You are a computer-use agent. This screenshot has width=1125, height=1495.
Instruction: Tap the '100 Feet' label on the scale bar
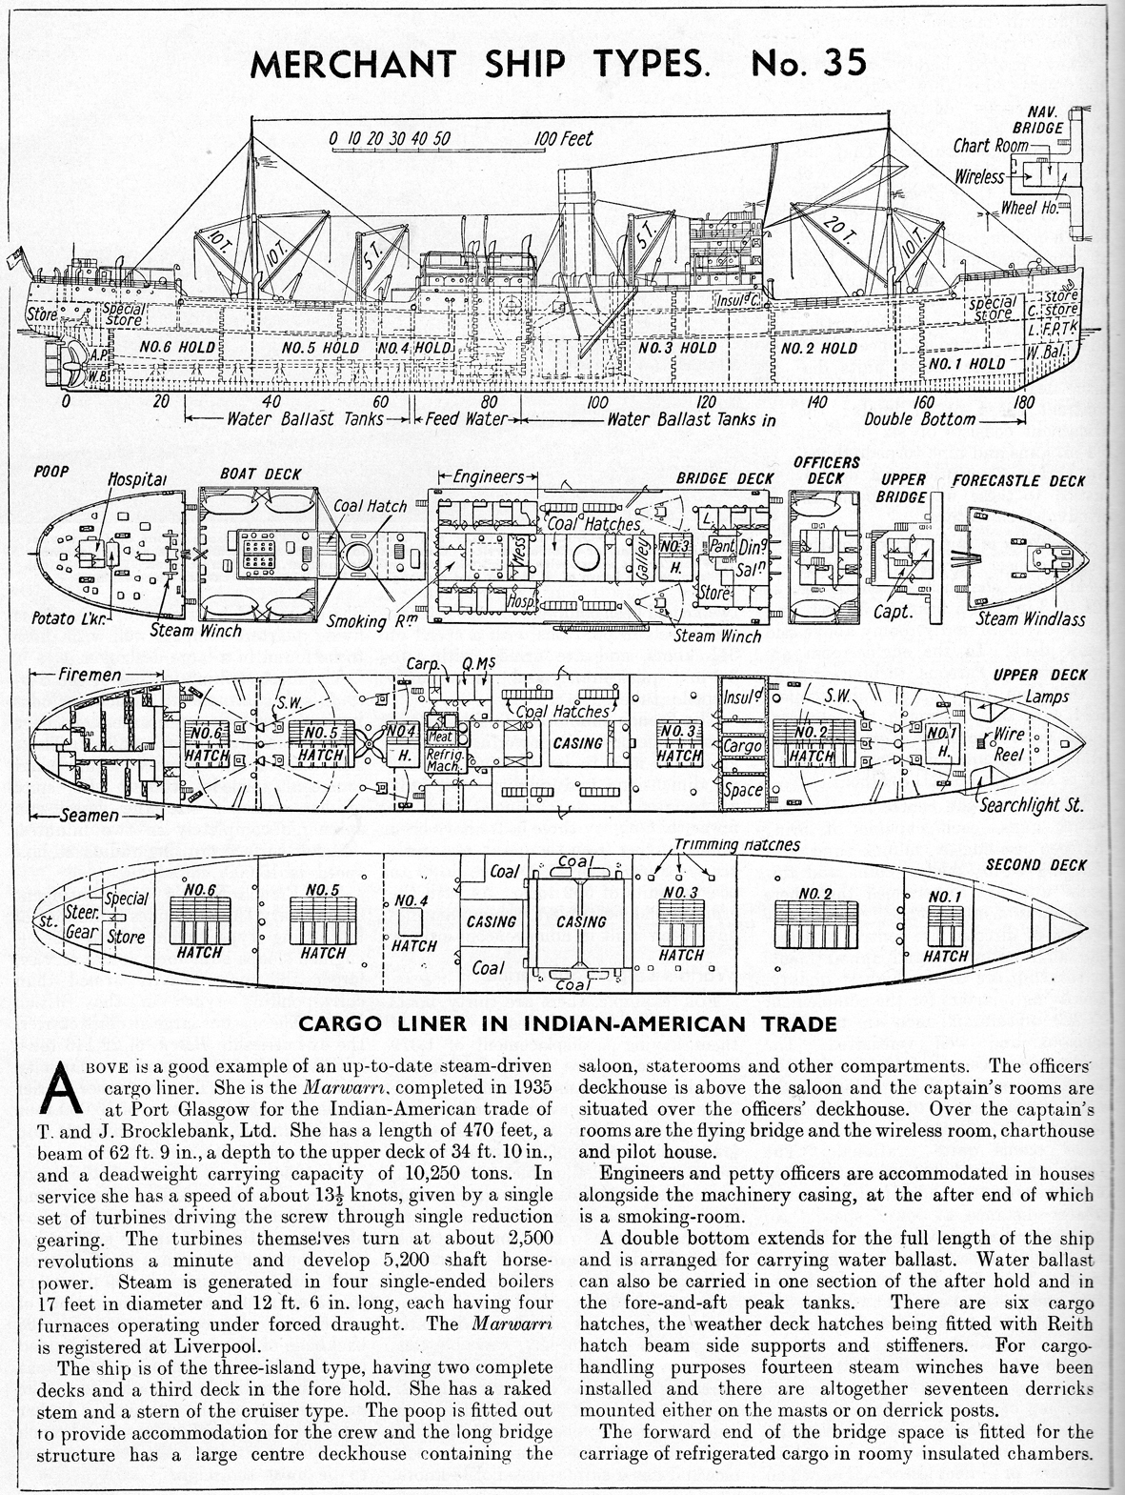click(563, 139)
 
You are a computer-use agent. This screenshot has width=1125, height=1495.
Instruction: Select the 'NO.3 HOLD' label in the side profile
click(677, 348)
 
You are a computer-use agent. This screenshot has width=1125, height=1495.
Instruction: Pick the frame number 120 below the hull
click(706, 401)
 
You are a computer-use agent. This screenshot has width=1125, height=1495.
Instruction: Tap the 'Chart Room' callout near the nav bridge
click(992, 146)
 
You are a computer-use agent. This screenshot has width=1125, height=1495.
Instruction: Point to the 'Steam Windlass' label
click(1032, 619)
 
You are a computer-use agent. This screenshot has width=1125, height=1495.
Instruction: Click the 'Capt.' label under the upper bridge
click(894, 612)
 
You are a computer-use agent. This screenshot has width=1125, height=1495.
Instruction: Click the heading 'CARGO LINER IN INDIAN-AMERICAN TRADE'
click(562, 1025)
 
